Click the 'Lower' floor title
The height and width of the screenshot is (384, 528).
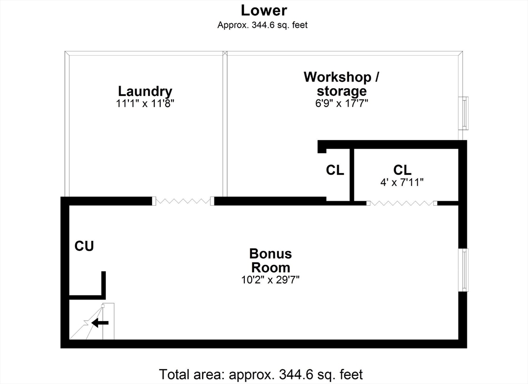pyautogui.click(x=264, y=10)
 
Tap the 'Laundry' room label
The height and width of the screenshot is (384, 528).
pyautogui.click(x=145, y=92)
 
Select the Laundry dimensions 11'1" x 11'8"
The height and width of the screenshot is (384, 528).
pyautogui.click(x=145, y=103)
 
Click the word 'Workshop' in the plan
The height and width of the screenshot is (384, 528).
pyautogui.click(x=337, y=77)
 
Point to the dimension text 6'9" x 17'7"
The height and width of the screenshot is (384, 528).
pyautogui.click(x=341, y=103)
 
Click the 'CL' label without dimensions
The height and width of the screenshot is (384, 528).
pyautogui.click(x=335, y=170)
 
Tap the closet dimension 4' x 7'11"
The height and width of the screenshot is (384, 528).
pyautogui.click(x=402, y=182)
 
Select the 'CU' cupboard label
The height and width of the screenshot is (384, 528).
pyautogui.click(x=84, y=246)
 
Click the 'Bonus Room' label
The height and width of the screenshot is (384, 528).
pyautogui.click(x=271, y=260)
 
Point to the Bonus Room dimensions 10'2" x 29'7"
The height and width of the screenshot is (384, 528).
pyautogui.click(x=270, y=280)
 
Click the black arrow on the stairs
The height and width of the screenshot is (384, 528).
pyautogui.click(x=101, y=323)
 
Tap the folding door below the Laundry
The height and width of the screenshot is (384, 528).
pyautogui.click(x=183, y=201)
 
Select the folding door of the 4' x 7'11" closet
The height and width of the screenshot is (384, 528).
pyautogui.click(x=402, y=203)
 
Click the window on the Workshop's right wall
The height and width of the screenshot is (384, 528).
pyautogui.click(x=465, y=113)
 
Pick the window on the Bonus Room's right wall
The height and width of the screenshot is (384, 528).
pyautogui.click(x=465, y=270)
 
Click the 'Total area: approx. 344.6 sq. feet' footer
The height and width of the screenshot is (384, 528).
pyautogui.click(x=261, y=374)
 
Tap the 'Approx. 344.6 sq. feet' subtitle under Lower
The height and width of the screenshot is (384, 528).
pyautogui.click(x=262, y=25)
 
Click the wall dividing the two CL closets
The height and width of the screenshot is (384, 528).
pyautogui.click(x=352, y=175)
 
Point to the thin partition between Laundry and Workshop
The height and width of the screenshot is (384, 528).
pyautogui.click(x=225, y=124)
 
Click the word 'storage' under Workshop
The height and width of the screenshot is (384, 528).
pyautogui.click(x=342, y=91)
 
